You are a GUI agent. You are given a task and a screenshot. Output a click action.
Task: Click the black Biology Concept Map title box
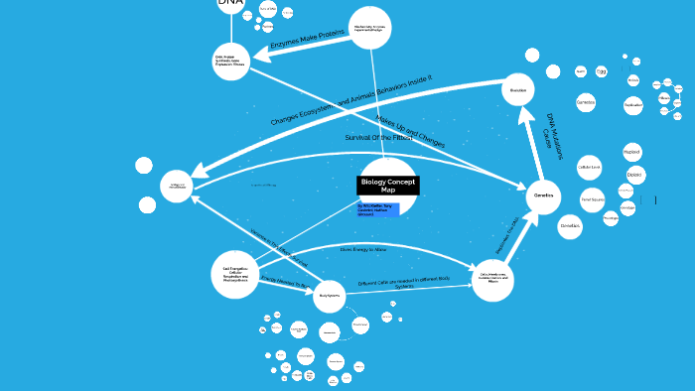[388, 186]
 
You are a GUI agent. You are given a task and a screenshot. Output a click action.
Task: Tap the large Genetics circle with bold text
[544, 196]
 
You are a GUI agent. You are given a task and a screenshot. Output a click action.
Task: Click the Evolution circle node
[517, 90]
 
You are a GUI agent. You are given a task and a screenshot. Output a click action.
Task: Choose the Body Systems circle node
[330, 296]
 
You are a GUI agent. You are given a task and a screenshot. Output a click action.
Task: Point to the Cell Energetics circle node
[235, 274]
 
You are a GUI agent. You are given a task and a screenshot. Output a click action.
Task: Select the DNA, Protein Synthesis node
[230, 62]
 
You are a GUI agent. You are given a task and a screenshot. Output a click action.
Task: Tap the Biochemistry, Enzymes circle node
[370, 28]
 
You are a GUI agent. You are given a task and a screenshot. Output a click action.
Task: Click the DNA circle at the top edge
[230, 4]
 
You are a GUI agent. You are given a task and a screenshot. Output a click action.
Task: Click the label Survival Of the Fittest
[378, 137]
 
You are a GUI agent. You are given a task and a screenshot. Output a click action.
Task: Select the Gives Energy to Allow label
[363, 249]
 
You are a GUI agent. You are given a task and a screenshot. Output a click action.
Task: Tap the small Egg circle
[602, 71]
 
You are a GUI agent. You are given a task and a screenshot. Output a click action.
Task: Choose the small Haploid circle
[631, 152]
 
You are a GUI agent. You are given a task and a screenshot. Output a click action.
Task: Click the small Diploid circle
[634, 175]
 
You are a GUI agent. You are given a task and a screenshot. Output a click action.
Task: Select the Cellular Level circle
[590, 167]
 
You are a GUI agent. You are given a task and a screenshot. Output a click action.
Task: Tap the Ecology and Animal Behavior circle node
[177, 186]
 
